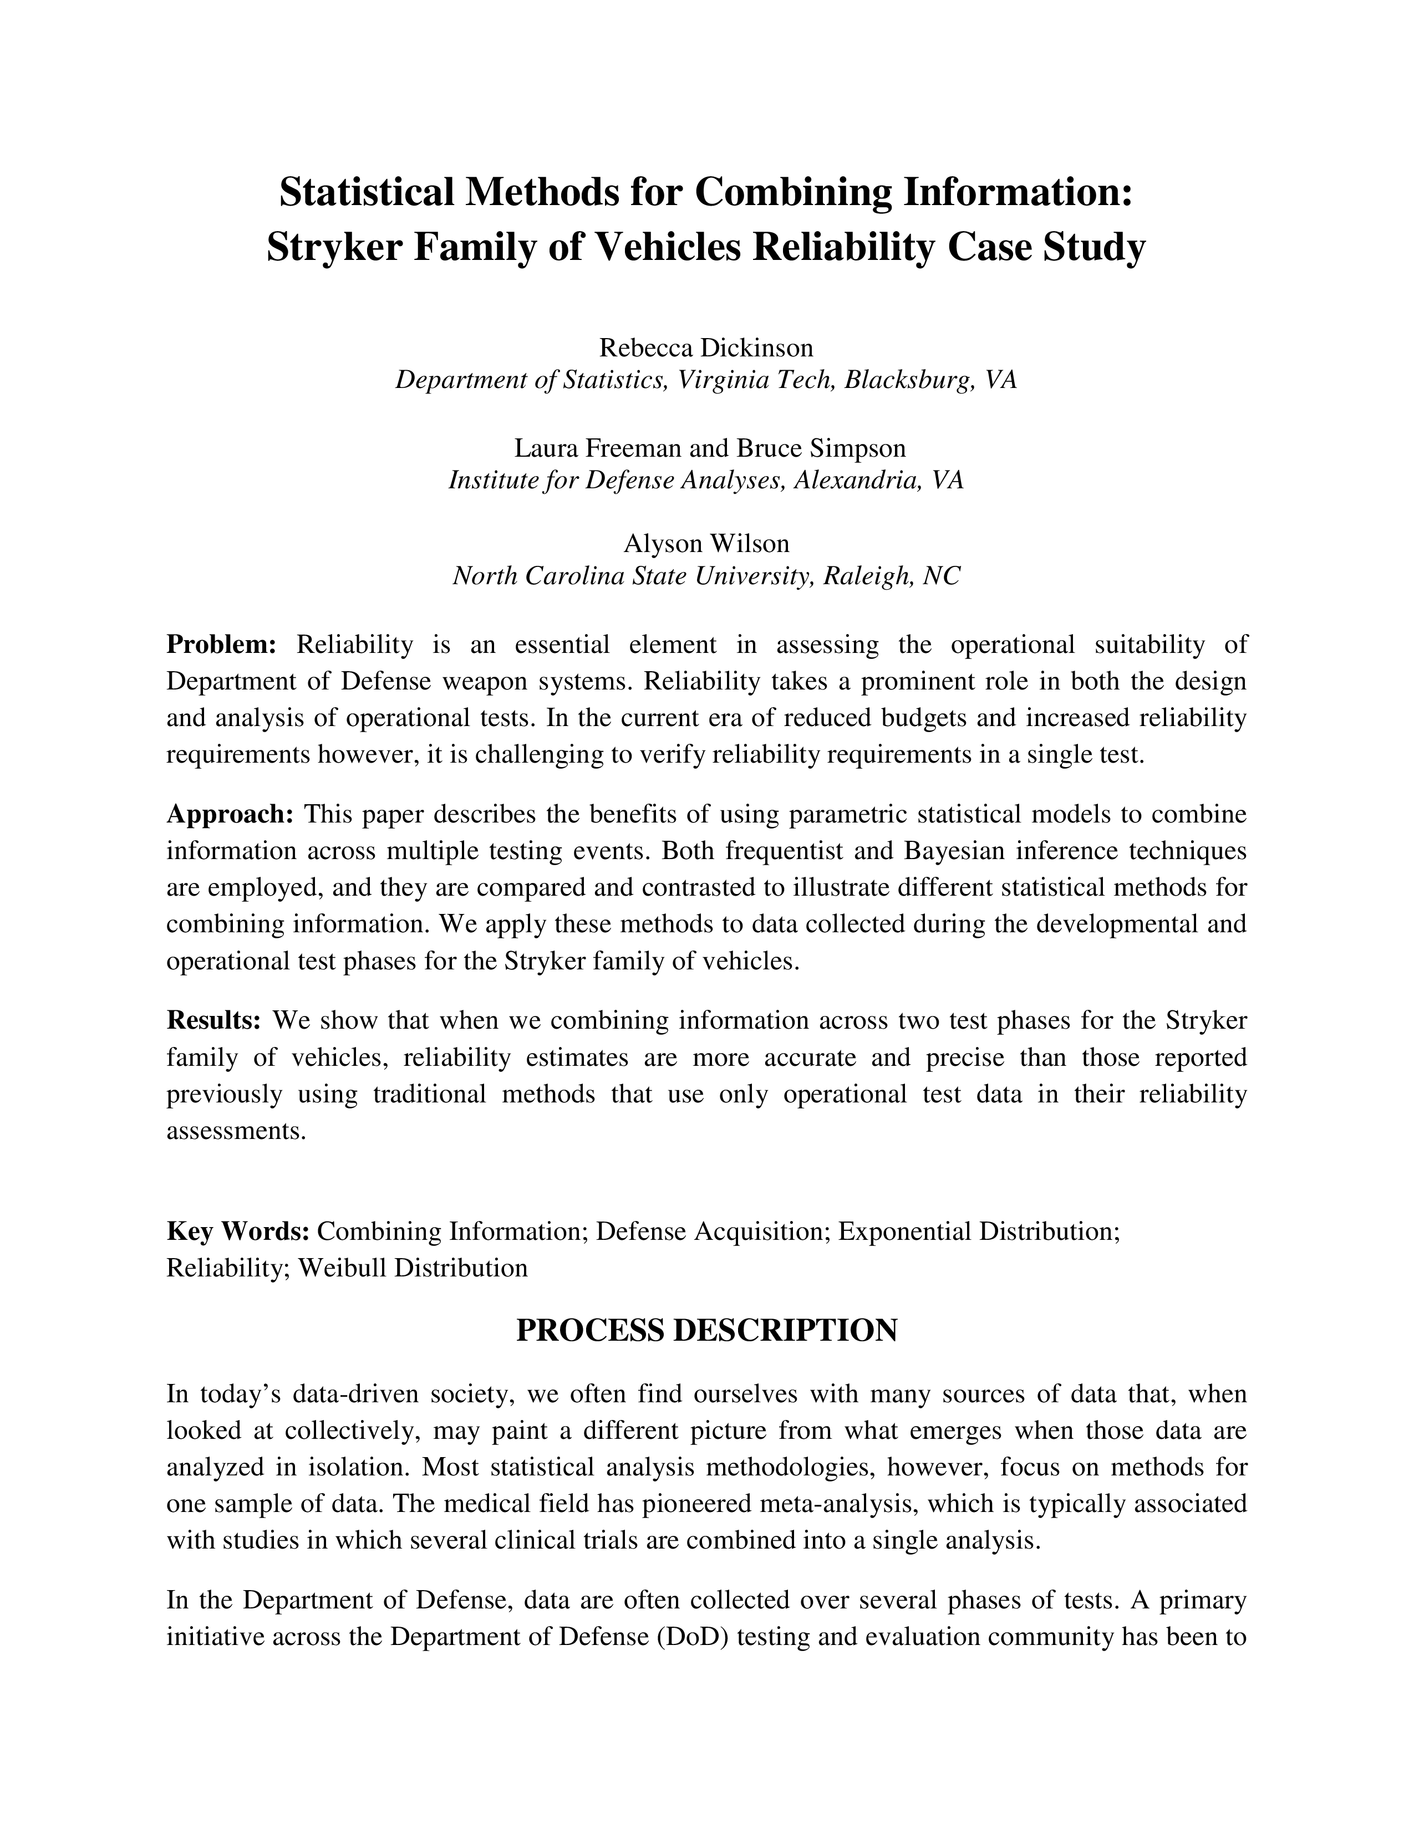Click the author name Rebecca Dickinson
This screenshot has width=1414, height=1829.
(x=706, y=347)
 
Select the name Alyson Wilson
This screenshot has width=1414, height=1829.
(x=706, y=544)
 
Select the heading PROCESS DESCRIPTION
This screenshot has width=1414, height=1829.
(x=706, y=1331)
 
